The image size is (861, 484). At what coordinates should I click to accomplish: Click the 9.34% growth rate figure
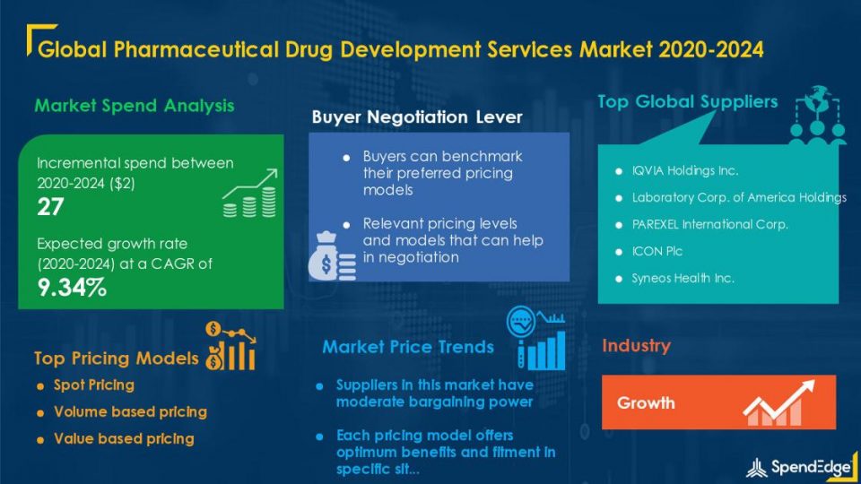(x=72, y=287)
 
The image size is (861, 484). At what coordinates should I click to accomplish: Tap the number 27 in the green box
(x=50, y=207)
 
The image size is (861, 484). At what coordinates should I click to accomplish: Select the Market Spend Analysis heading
(x=135, y=106)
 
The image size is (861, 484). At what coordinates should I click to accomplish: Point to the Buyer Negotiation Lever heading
(x=417, y=117)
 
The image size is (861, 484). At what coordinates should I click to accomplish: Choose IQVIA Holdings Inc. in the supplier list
(x=684, y=170)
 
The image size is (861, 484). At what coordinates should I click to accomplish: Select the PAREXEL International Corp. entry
(x=710, y=224)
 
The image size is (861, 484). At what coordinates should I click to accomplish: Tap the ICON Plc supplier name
(x=657, y=251)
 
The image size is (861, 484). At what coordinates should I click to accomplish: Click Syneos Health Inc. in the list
(x=683, y=278)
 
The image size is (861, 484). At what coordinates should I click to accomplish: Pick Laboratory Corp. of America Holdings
(x=739, y=197)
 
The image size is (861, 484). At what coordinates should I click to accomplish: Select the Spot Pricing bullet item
(x=94, y=385)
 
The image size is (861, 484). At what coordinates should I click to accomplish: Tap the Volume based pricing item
(x=130, y=412)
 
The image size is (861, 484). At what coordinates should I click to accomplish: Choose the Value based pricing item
(x=124, y=439)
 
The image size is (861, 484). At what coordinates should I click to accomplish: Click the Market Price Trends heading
(x=408, y=347)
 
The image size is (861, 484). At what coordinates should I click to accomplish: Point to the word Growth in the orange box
(x=646, y=402)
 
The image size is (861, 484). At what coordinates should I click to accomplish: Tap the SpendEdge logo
(x=799, y=467)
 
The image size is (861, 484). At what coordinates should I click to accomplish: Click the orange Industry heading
(x=637, y=346)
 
